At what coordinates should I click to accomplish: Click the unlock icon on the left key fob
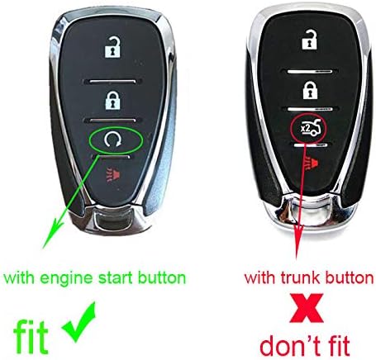(x=112, y=49)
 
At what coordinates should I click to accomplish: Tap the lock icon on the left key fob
(x=112, y=102)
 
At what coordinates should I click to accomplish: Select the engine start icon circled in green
(x=112, y=142)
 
